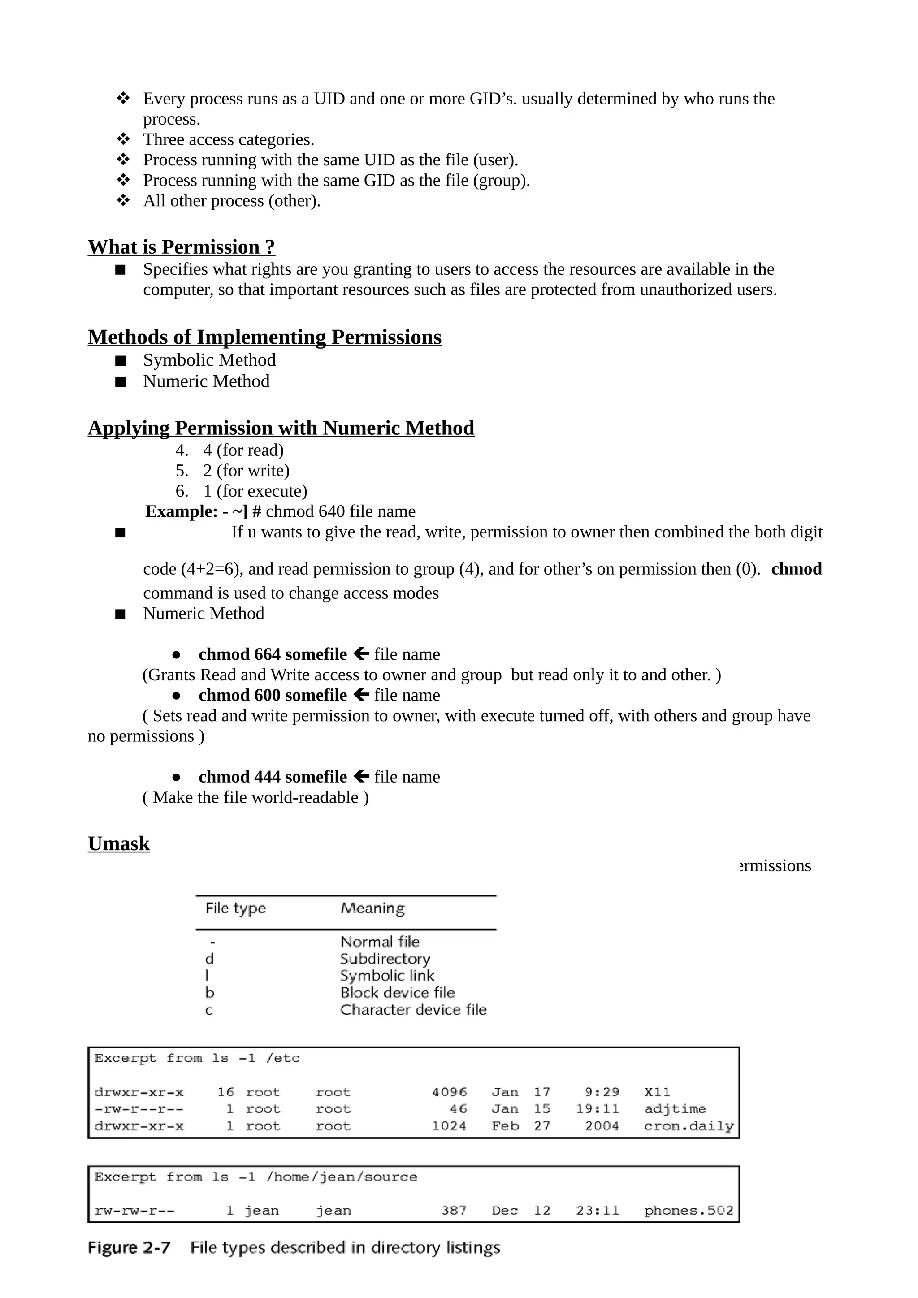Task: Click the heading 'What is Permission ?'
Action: (x=181, y=247)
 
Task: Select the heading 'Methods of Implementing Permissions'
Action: (x=264, y=337)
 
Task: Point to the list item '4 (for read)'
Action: (x=243, y=450)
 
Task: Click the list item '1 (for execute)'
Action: (x=255, y=491)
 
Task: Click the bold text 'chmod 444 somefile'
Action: (x=273, y=777)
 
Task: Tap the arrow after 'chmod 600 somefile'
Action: (x=361, y=695)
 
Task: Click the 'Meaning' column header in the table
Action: (x=372, y=909)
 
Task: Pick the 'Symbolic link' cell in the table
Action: (x=387, y=976)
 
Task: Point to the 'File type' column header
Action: (x=235, y=909)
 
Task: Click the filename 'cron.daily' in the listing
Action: (x=688, y=1126)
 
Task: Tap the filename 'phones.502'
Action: (x=688, y=1211)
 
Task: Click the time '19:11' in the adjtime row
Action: (x=598, y=1109)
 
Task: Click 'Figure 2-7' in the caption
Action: (x=129, y=1248)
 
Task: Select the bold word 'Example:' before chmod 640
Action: (x=181, y=511)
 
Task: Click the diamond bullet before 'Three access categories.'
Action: (x=123, y=139)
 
